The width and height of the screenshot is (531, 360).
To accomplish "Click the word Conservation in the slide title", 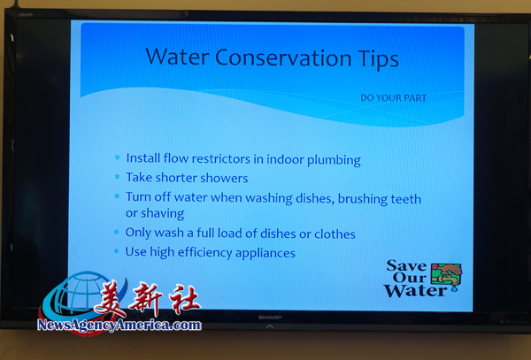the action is click(283, 57).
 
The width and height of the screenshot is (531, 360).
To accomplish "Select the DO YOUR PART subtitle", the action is click(393, 98).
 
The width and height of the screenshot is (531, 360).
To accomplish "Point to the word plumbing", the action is click(334, 160).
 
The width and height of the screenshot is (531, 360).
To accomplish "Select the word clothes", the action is click(335, 234).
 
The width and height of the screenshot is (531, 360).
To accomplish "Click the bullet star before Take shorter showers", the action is click(117, 177).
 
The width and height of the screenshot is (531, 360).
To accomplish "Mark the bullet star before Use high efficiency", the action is click(117, 251).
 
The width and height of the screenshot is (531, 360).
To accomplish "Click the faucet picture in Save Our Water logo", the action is click(446, 277).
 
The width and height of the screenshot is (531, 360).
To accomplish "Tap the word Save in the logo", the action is click(407, 266).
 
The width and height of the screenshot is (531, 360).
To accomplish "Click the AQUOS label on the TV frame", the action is click(26, 15).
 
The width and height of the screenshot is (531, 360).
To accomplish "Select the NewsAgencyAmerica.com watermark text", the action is click(119, 325).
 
